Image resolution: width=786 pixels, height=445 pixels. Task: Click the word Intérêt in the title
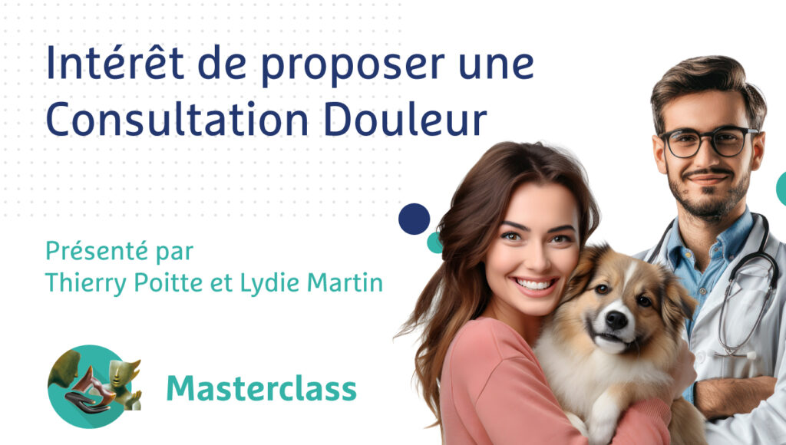coord(115,63)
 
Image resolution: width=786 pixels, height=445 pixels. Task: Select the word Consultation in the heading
coord(177,120)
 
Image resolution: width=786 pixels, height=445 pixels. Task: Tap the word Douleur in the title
coord(405,120)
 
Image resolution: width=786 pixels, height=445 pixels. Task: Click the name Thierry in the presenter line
coord(86,284)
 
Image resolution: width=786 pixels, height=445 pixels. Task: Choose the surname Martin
coord(345,282)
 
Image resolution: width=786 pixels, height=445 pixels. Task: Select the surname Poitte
coord(168,282)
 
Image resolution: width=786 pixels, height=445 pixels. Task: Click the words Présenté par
coord(119,252)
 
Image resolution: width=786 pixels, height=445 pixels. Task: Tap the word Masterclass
coord(261,388)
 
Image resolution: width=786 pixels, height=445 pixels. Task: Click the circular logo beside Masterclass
coord(91,387)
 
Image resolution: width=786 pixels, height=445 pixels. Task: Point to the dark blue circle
coord(414,219)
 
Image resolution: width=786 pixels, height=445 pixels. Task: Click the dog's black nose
coord(616,319)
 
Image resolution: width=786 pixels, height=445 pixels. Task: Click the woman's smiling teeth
coord(534,285)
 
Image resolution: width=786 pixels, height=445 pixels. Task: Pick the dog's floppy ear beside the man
coord(679,295)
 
